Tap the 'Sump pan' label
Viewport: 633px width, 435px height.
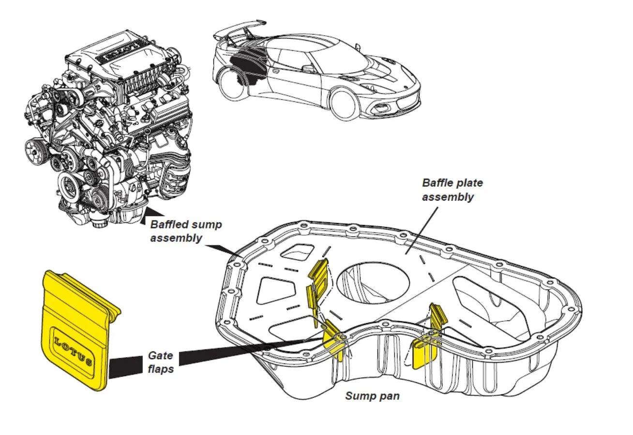[x=372, y=396]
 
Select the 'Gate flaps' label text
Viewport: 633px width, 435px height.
[x=161, y=362]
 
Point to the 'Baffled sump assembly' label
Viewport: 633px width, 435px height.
[x=186, y=231]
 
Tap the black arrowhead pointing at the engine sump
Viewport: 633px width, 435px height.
[x=151, y=215]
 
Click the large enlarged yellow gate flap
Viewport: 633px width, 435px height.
[x=77, y=329]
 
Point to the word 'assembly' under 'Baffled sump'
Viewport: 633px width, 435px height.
[x=176, y=238]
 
